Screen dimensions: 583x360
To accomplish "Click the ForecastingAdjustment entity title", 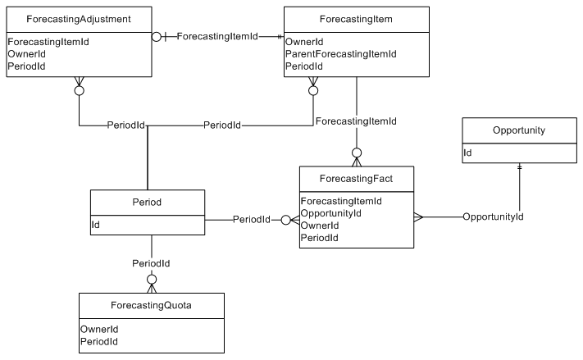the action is pos(79,19).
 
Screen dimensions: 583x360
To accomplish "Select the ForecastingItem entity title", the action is pos(356,19).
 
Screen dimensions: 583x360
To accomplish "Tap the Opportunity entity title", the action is pos(519,130).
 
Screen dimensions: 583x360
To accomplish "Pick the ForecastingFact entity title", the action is pos(356,179).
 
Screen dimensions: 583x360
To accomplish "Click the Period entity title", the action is pos(147,203).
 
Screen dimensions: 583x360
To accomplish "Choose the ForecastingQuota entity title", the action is pos(151,305).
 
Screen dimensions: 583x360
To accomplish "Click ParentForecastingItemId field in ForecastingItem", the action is pos(340,54).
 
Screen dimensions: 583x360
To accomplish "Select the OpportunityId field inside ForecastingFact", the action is pos(330,213).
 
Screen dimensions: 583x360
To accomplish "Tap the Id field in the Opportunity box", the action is pos(467,153).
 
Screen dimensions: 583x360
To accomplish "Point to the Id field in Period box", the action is pos(96,225).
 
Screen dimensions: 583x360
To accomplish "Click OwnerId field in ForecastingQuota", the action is pos(99,329).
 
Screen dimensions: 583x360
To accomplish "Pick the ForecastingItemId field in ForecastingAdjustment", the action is pos(48,42).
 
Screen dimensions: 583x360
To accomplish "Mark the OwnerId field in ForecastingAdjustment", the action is pos(27,54).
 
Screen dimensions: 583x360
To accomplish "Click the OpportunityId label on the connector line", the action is pos(493,216).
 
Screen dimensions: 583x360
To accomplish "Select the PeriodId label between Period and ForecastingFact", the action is pos(252,220).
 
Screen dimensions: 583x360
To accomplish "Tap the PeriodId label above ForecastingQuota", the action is pos(151,263).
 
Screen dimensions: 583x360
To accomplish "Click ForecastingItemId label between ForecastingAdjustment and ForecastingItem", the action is pos(217,36).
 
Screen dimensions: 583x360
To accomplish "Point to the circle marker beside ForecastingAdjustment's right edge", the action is pos(157,37).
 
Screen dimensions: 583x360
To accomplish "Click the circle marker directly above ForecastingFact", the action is pos(357,153).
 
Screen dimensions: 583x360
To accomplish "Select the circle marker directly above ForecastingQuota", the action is pos(152,280).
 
